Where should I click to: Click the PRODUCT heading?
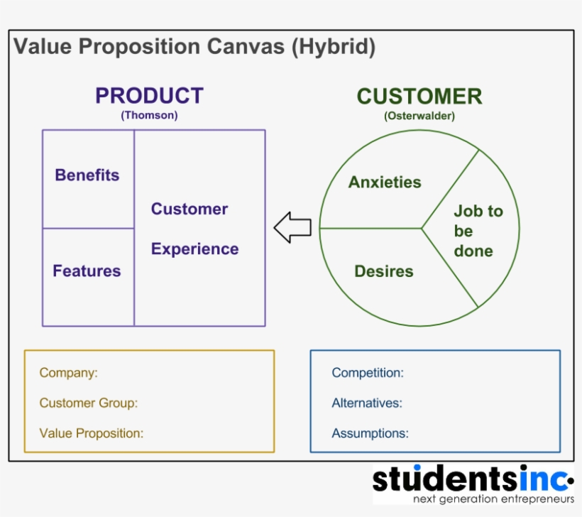coord(149,96)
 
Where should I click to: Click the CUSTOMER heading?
coord(419,96)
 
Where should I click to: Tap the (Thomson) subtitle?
coord(149,115)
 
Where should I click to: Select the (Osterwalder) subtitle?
coord(419,115)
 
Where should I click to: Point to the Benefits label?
coord(87,175)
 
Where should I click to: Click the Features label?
coord(87,271)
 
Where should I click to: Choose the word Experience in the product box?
coord(194,249)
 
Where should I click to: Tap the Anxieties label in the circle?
coord(385,183)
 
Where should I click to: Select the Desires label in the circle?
coord(383,271)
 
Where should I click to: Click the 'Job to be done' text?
coord(477,231)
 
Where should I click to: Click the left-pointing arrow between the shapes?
coord(292,227)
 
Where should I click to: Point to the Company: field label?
coord(69,373)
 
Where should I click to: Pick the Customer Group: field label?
coord(89,403)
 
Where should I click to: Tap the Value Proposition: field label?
coord(92,432)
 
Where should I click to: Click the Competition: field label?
coord(368,373)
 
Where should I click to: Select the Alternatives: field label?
coord(367,403)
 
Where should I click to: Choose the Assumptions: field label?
coord(370,432)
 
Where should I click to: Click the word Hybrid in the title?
coord(333,47)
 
